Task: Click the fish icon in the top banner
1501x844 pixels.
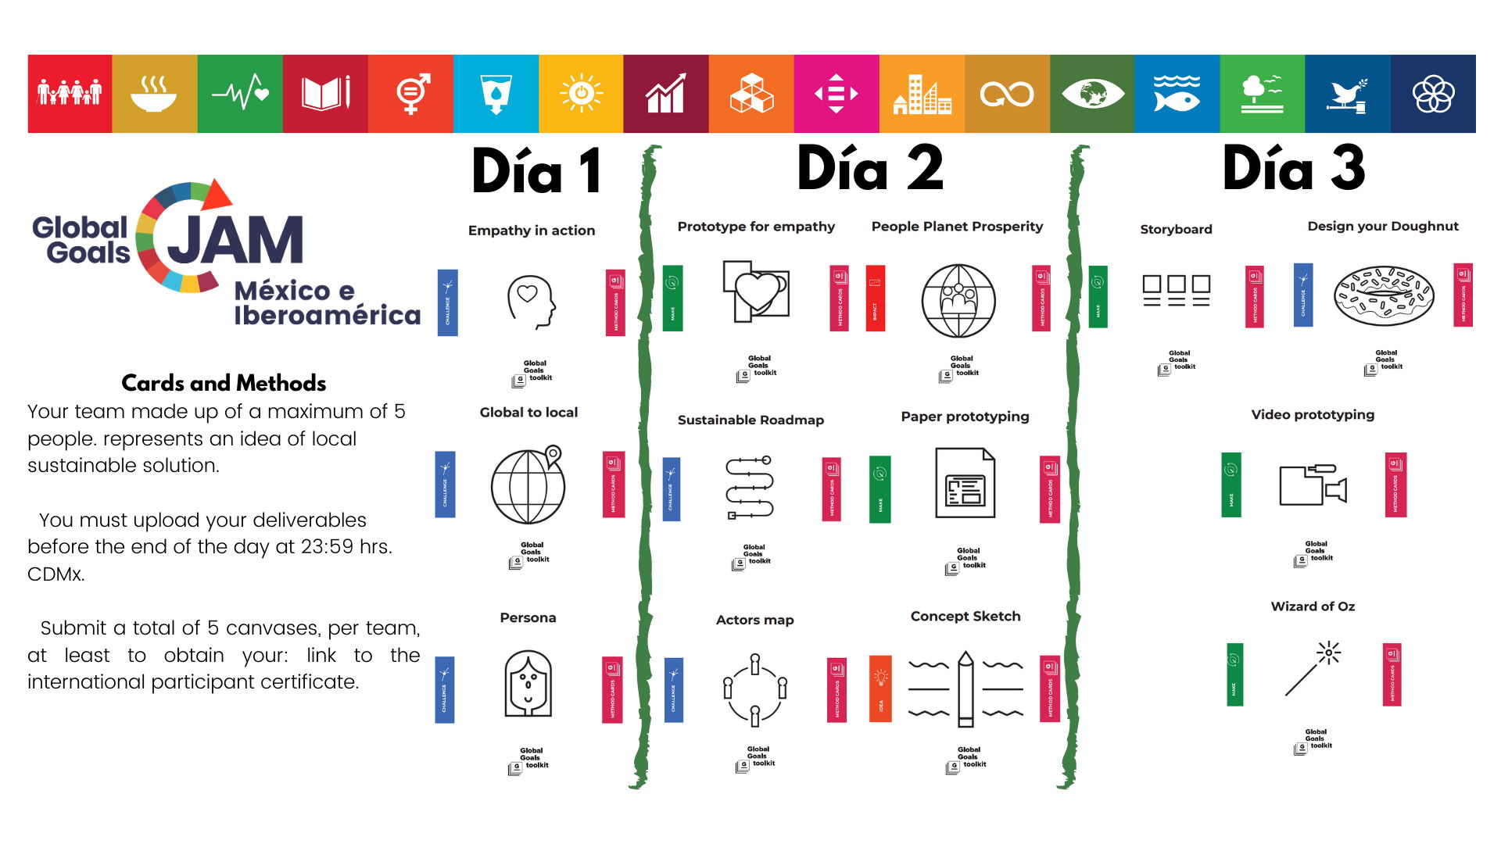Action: coord(1177,94)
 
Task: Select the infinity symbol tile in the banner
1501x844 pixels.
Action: coord(1007,95)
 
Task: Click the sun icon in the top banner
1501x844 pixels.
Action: coord(581,94)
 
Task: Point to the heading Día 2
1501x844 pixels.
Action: coord(870,170)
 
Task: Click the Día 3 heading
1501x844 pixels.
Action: coord(1294,170)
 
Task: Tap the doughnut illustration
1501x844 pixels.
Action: coord(1383,296)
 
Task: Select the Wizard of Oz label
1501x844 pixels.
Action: coord(1313,606)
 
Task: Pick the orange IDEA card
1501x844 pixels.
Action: coord(880,688)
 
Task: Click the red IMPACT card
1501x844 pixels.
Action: coord(876,298)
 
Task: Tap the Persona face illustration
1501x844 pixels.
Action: coord(528,684)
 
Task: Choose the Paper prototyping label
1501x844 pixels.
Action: coord(965,417)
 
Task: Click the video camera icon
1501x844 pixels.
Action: coord(1313,485)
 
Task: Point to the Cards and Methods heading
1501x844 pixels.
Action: coord(224,383)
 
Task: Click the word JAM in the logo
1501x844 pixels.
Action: coord(235,241)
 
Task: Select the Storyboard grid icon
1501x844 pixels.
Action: coord(1176,291)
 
